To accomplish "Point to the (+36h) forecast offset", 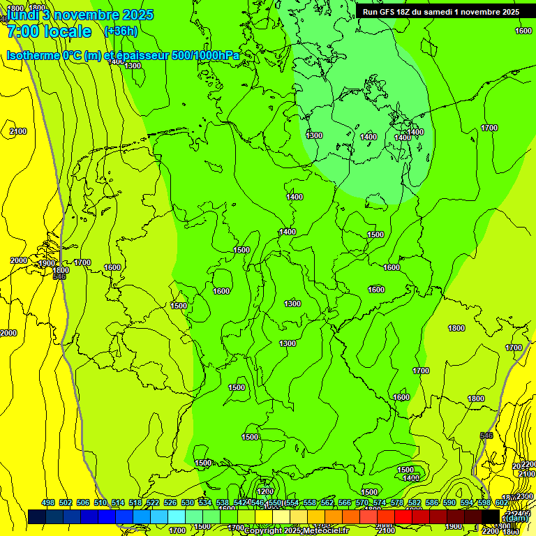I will [120, 31].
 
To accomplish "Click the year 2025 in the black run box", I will [507, 12].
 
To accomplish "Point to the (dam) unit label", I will [516, 518].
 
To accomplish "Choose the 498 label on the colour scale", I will [48, 503].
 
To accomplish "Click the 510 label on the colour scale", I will [100, 503].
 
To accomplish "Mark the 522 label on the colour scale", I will [153, 503].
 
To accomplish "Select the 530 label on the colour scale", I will [188, 503].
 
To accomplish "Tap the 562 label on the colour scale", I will [327, 503].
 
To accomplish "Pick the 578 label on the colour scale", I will [397, 503].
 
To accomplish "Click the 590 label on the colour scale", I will [449, 503].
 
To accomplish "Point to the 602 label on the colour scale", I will [502, 503].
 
